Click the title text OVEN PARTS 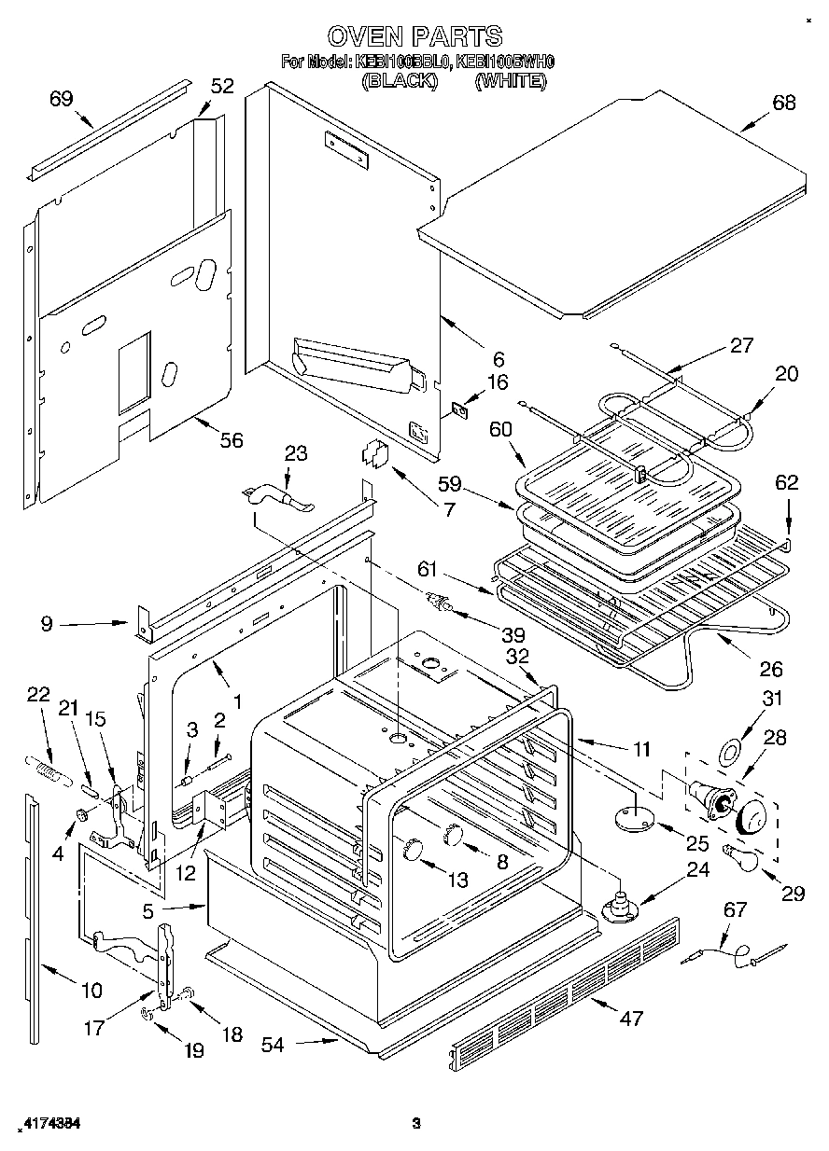click(x=414, y=36)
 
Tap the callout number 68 click(x=783, y=104)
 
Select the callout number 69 click(x=62, y=99)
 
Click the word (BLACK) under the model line click(x=400, y=80)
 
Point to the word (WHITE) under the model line click(x=510, y=80)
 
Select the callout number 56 click(x=231, y=439)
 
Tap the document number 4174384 click(x=49, y=1124)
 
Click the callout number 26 click(x=770, y=669)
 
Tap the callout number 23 click(x=295, y=453)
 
